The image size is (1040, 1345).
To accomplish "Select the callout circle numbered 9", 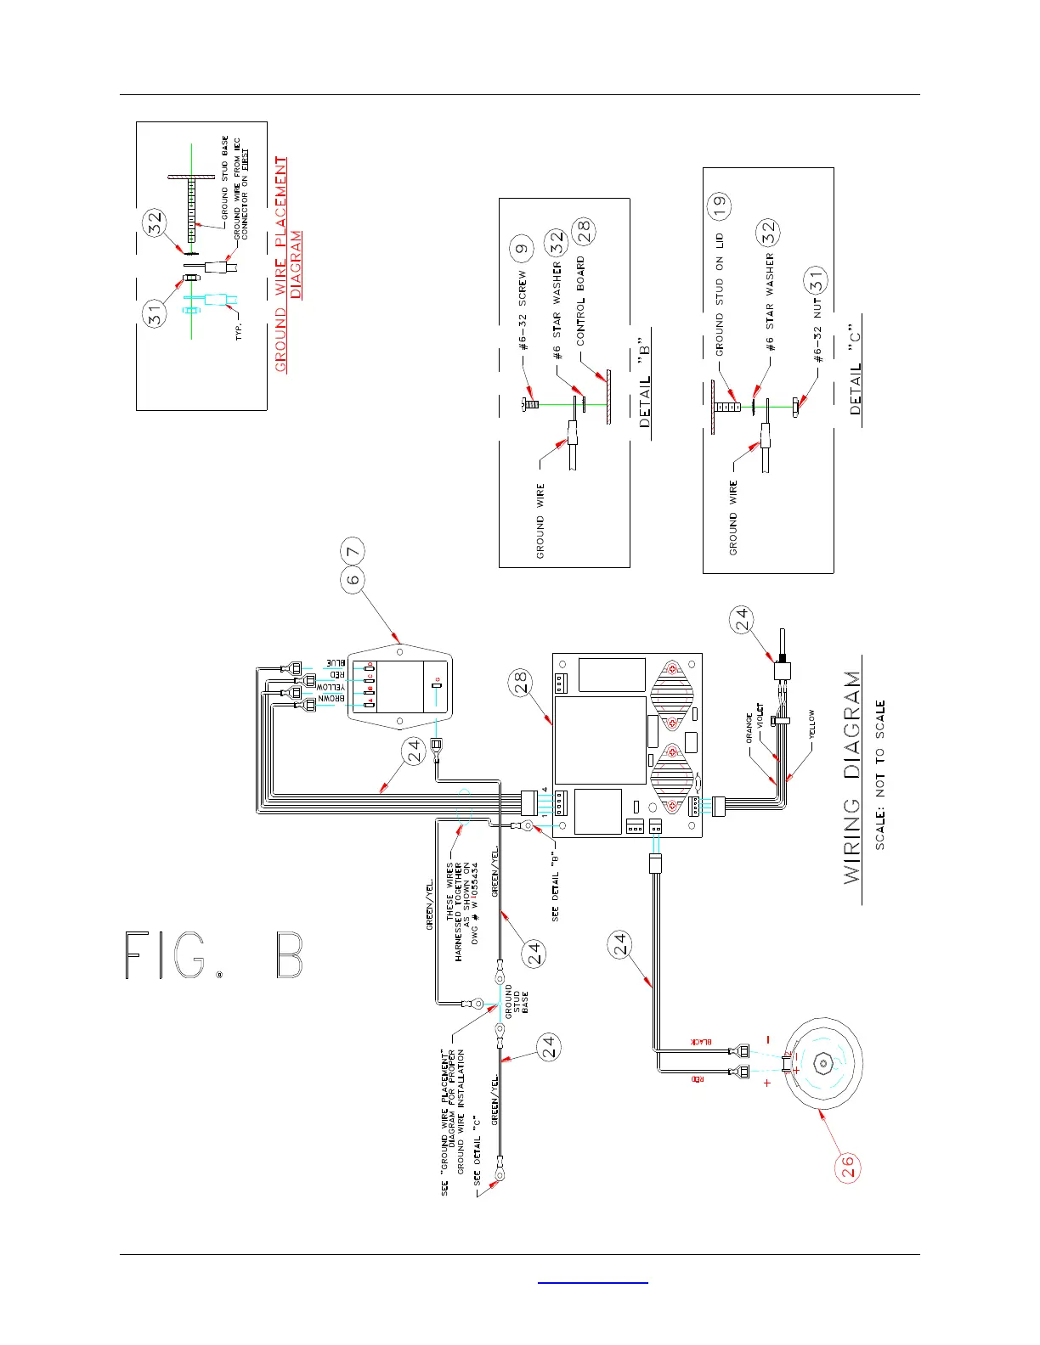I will point(522,250).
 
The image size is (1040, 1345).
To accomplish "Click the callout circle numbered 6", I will point(353,580).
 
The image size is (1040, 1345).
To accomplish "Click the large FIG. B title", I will point(213,955).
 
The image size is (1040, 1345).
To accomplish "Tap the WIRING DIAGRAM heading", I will point(852,777).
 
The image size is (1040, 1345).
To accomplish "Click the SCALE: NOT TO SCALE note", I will point(880,774).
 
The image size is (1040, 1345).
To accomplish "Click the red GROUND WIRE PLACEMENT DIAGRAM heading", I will point(288,263).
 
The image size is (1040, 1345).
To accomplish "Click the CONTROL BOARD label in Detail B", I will point(581,301).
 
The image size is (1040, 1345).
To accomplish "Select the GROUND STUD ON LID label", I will point(720,294).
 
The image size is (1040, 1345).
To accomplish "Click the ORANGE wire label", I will point(749,728).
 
